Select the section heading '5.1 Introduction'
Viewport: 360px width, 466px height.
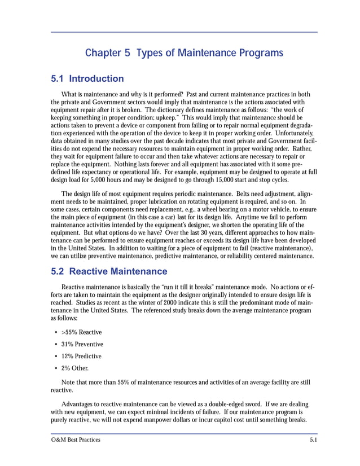pyautogui.click(x=87, y=78)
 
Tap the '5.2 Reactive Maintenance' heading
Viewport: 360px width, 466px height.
pyautogui.click(x=109, y=272)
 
